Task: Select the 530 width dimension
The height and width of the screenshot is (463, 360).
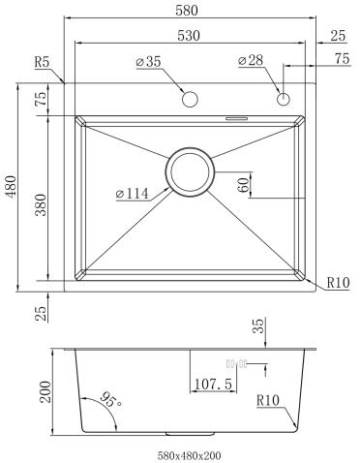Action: pyautogui.click(x=189, y=36)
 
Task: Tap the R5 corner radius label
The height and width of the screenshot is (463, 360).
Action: pyautogui.click(x=42, y=63)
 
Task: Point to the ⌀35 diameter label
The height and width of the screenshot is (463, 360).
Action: pyautogui.click(x=149, y=63)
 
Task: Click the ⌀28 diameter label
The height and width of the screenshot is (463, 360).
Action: pyautogui.click(x=251, y=63)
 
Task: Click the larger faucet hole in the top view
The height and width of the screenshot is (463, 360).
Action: pyautogui.click(x=191, y=100)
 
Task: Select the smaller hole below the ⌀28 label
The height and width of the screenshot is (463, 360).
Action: pyautogui.click(x=284, y=99)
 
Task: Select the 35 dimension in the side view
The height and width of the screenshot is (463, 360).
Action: pyautogui.click(x=258, y=326)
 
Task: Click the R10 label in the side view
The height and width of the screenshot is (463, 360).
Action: pyautogui.click(x=268, y=400)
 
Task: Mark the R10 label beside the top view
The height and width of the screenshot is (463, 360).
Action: pyautogui.click(x=337, y=283)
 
